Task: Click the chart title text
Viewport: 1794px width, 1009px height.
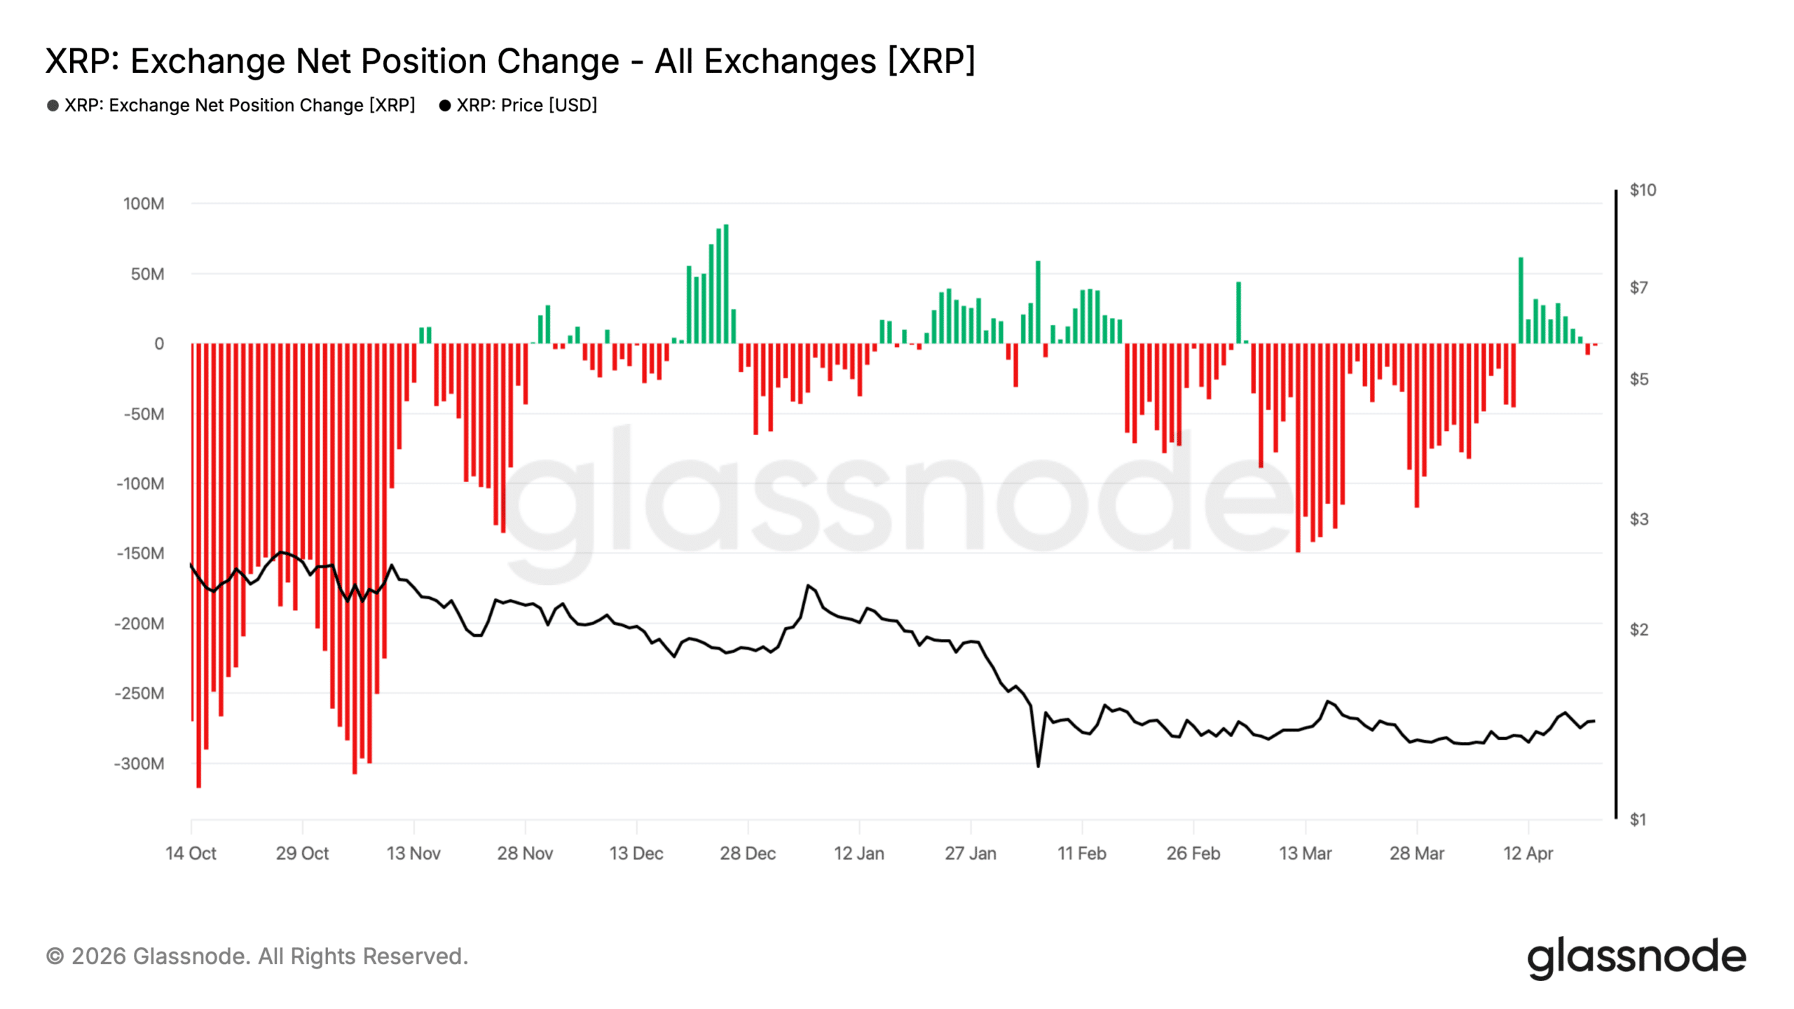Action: click(510, 61)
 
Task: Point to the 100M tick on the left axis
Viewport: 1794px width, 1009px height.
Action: click(144, 204)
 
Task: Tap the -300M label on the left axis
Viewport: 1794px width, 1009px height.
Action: click(139, 764)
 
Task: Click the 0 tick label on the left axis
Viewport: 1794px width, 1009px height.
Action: click(159, 344)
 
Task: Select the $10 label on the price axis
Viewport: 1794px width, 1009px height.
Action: click(1643, 190)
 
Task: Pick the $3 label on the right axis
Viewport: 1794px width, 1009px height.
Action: click(1638, 519)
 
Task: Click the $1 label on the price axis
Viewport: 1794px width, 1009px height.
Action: click(1638, 819)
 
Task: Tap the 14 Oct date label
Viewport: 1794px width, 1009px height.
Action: click(191, 853)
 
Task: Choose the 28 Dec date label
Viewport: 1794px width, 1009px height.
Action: click(747, 853)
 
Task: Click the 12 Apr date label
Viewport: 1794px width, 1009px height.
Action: click(1528, 853)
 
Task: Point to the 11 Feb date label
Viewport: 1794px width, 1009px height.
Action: click(1081, 853)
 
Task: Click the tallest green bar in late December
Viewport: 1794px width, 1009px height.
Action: click(726, 284)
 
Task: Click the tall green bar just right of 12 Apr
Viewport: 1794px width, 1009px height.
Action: click(1521, 301)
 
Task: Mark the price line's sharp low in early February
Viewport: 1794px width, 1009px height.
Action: click(1038, 765)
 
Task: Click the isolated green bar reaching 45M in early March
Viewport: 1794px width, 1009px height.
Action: click(1238, 313)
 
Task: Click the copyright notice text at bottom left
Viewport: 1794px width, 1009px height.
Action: click(256, 956)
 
